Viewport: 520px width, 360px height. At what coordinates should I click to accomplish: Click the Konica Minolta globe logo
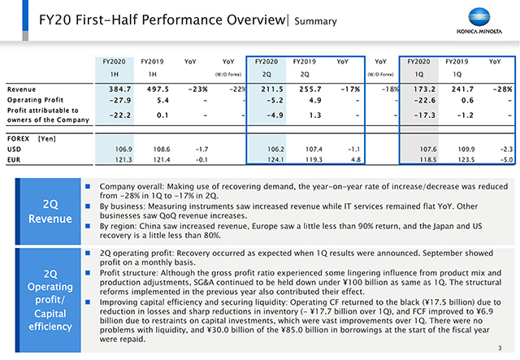click(x=479, y=17)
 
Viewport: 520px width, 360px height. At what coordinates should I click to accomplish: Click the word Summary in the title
click(x=315, y=21)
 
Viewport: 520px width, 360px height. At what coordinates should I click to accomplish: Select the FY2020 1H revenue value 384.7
click(x=120, y=89)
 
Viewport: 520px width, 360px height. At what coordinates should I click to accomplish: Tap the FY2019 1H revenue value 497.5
click(x=158, y=89)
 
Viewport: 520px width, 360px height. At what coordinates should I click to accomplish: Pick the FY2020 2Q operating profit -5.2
click(x=275, y=100)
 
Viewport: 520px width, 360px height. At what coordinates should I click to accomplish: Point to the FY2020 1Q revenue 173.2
click(x=424, y=89)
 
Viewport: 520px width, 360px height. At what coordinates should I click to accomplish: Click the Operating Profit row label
click(x=35, y=100)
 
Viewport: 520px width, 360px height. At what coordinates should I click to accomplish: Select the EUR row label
click(x=14, y=160)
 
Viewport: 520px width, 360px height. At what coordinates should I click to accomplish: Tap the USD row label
click(x=15, y=150)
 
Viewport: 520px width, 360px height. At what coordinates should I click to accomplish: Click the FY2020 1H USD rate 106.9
click(x=123, y=150)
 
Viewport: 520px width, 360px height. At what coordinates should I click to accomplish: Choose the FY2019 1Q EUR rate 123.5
click(x=466, y=160)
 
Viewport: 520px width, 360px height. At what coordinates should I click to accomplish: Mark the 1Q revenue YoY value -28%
click(x=502, y=89)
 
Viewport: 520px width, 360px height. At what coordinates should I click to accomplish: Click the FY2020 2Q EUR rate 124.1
click(x=275, y=160)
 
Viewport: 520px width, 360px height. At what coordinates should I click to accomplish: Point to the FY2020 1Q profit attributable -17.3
click(x=425, y=115)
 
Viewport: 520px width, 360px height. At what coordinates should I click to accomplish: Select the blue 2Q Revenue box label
click(x=50, y=211)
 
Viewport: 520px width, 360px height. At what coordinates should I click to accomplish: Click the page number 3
click(x=500, y=348)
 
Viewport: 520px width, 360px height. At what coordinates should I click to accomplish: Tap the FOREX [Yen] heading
click(x=32, y=139)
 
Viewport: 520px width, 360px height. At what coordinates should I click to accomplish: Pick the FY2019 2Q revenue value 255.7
click(x=310, y=89)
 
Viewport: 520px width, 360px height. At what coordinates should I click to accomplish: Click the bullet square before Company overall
click(x=88, y=186)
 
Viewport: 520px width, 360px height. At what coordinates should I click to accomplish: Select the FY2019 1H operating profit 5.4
click(x=162, y=100)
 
